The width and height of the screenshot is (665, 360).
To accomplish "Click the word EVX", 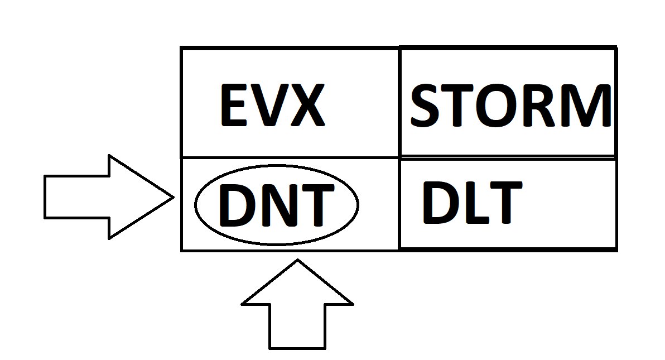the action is [273, 105].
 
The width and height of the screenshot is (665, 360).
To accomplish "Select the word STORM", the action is [511, 105].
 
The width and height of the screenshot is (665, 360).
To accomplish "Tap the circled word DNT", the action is [276, 205].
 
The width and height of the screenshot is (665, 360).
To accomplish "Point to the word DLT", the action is [472, 202].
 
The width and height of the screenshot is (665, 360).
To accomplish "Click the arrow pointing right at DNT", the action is [109, 197].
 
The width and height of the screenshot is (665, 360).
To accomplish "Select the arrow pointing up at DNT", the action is [297, 304].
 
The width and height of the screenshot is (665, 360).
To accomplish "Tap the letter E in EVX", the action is [234, 105].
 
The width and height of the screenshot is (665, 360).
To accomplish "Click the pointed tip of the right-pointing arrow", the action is [174, 197].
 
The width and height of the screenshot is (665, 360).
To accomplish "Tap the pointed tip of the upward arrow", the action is [298, 260].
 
